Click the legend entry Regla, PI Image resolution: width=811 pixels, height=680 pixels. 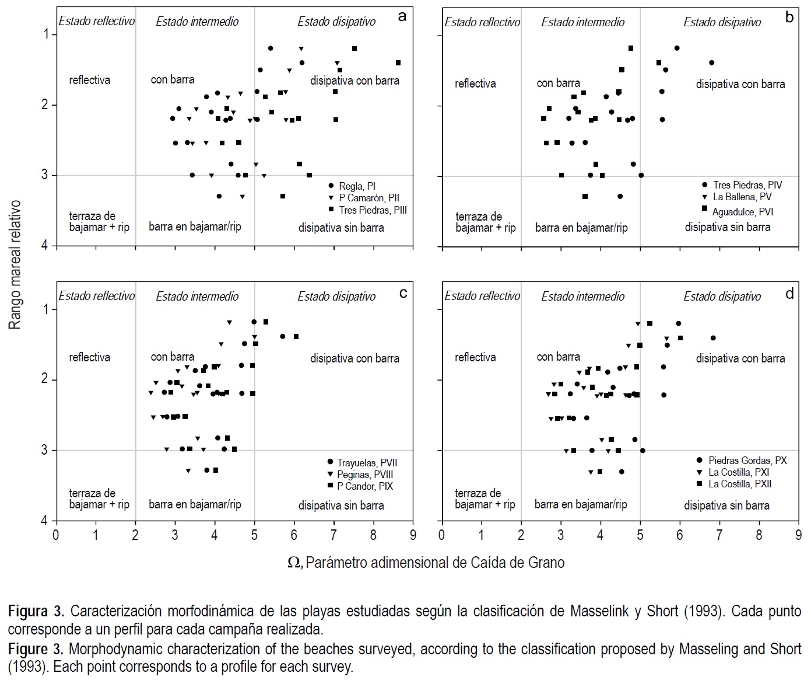357,187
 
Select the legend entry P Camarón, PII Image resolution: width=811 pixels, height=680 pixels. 368,198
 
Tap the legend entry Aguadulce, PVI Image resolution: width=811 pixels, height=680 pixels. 742,212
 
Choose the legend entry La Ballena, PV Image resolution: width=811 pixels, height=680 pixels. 742,197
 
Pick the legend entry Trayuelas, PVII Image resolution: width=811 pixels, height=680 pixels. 366,463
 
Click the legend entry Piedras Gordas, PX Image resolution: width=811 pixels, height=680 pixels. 747,461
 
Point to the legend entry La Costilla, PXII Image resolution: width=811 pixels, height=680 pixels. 739,484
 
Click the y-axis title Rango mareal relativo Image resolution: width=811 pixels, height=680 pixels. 15,264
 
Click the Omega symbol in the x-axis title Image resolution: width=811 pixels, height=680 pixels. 294,563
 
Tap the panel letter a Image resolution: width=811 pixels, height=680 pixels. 402,16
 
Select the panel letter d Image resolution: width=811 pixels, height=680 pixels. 789,294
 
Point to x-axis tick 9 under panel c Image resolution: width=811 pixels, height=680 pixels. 413,535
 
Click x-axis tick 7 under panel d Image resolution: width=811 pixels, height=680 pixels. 719,535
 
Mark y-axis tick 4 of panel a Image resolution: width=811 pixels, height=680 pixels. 45,246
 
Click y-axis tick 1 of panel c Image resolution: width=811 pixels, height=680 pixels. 45,309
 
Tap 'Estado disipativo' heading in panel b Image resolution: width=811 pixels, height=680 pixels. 722,22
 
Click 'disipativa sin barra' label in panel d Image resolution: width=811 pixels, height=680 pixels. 726,505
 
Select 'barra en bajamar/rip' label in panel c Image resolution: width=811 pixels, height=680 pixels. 195,504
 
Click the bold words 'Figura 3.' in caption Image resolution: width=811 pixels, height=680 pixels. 36,612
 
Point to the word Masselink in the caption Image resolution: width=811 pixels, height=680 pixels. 600,612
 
